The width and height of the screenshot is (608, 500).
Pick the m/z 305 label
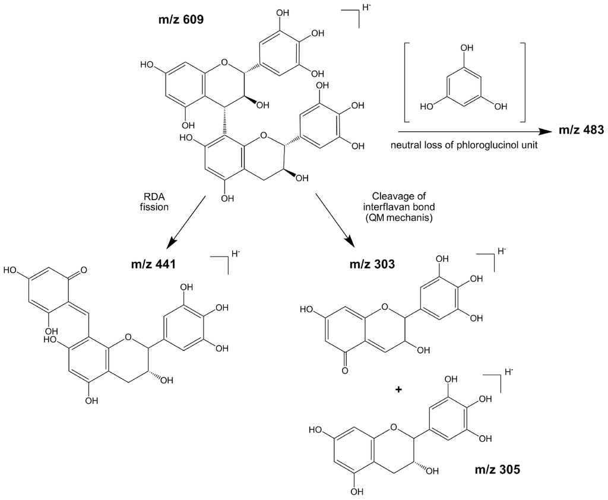(x=498, y=470)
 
